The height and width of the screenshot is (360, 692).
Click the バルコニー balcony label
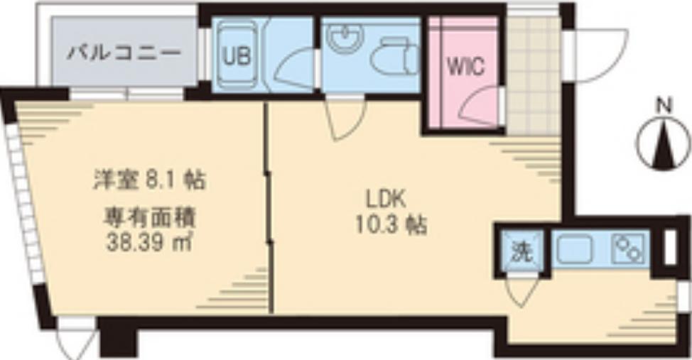[124, 54]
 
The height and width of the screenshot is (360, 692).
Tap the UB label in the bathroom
[237, 56]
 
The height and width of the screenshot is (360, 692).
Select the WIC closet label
[466, 67]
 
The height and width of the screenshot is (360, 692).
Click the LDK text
[385, 200]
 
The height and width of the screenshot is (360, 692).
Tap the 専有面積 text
[150, 217]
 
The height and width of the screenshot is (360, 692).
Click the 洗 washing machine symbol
[522, 252]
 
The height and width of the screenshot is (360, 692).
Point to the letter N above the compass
[664, 106]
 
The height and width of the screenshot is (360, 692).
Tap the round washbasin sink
[345, 37]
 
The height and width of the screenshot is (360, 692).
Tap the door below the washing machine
[522, 292]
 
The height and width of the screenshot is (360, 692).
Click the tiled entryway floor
[533, 75]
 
